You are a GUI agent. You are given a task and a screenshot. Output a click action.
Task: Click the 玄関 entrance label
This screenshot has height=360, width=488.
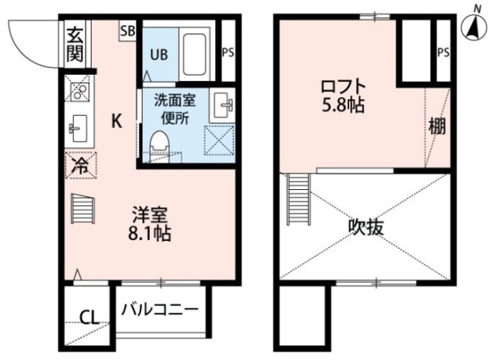tap(75, 43)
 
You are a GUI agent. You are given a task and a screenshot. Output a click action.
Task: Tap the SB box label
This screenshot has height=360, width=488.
tap(127, 31)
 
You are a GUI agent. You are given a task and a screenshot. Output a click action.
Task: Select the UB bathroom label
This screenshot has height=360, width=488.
tap(159, 54)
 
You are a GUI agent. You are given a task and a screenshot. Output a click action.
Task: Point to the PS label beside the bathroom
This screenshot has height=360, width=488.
tap(227, 53)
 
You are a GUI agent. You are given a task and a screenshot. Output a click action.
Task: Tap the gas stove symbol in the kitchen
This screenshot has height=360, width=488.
tap(79, 92)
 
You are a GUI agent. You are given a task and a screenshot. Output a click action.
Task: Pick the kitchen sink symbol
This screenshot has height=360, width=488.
tap(78, 127)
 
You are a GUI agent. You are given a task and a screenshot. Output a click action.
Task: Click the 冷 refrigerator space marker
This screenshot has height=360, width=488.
tap(79, 165)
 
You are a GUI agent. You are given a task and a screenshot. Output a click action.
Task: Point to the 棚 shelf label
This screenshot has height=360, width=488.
tap(436, 127)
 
